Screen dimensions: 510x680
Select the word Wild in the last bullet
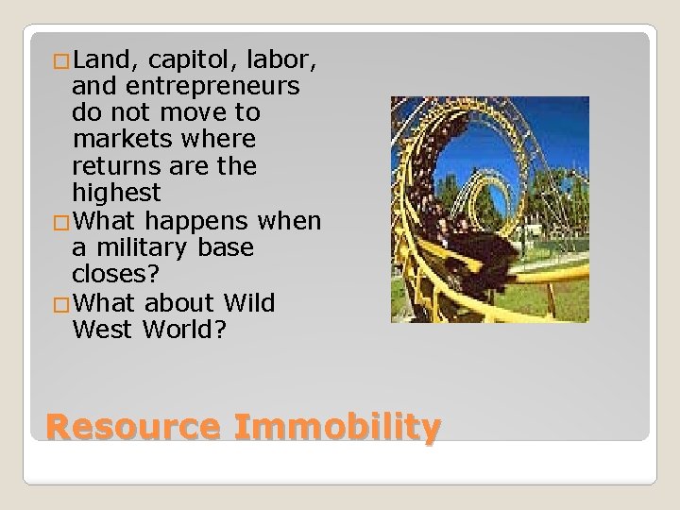pyautogui.click(x=249, y=303)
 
